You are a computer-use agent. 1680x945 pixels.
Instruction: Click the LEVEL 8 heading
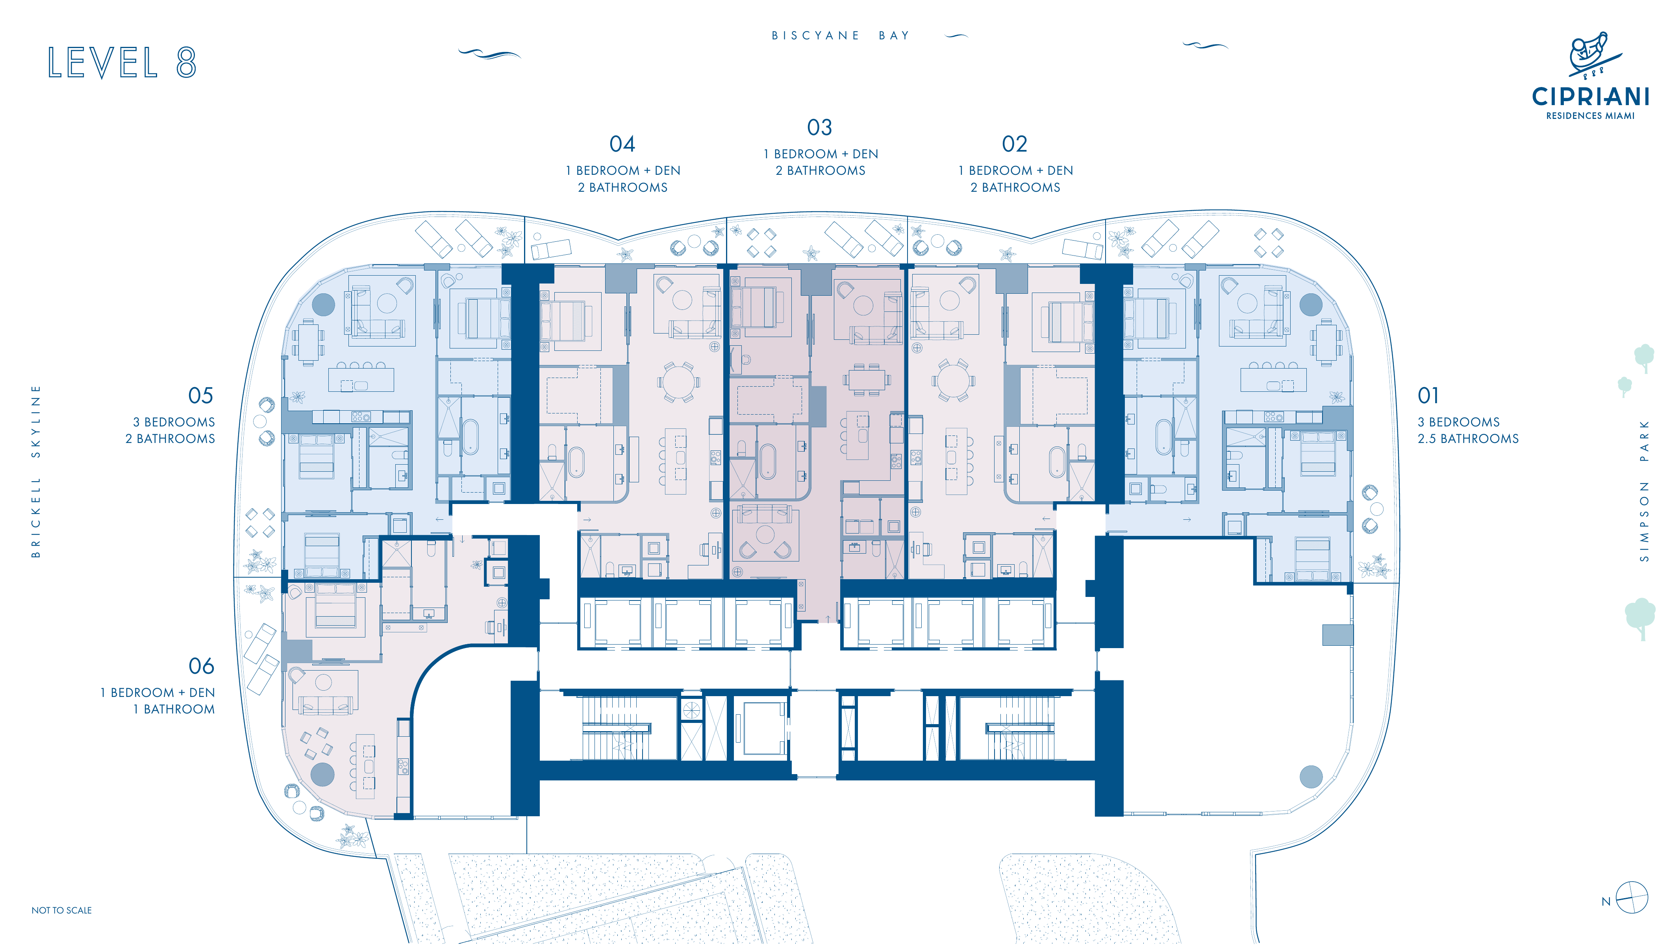pos(122,63)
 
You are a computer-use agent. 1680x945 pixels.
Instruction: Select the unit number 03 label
pos(820,127)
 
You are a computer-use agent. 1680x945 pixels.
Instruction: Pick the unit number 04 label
pos(622,143)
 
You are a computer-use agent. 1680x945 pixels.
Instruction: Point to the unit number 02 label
pos(1015,143)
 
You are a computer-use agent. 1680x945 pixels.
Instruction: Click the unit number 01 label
pos(1428,395)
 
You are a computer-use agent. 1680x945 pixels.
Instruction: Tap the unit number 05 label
pos(201,395)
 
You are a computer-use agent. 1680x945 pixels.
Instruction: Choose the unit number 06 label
pos(202,666)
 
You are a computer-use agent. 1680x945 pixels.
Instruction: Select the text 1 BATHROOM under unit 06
pos(174,709)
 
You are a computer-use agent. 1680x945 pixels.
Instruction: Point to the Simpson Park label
pos(1644,491)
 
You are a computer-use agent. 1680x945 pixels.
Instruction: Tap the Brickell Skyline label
pos(36,471)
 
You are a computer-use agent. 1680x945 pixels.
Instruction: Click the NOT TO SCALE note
pos(61,910)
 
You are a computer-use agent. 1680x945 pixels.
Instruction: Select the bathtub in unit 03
pos(768,461)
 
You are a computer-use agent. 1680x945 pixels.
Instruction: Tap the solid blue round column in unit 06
pos(322,774)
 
